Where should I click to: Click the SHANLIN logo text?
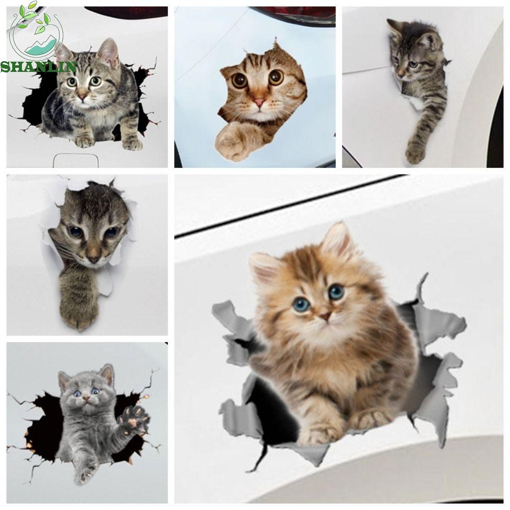pos(39,66)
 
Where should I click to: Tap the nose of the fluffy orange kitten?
pos(325,317)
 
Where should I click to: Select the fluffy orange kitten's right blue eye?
pos(336,292)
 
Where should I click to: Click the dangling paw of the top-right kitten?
pos(416,150)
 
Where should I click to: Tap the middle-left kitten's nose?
pos(93,259)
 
